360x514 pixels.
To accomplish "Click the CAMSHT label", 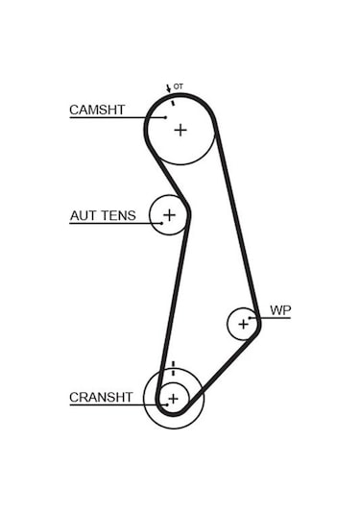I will coord(96,110).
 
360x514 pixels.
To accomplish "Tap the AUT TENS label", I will coord(103,216).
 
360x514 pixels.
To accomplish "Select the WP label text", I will coord(279,310).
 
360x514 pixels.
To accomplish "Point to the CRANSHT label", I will coord(101,397).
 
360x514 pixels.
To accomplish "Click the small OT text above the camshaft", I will coord(179,87).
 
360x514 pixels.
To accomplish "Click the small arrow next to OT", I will coord(168,89).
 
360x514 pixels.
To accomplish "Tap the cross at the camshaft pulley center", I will coord(180,130).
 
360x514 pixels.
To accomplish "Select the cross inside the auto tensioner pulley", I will coord(170,216).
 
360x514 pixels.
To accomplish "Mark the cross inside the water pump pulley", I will coord(243,324).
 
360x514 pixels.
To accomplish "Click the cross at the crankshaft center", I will coord(173,398).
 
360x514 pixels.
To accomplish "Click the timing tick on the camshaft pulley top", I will coord(173,99).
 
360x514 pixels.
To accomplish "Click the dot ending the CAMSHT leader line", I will coord(165,118).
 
